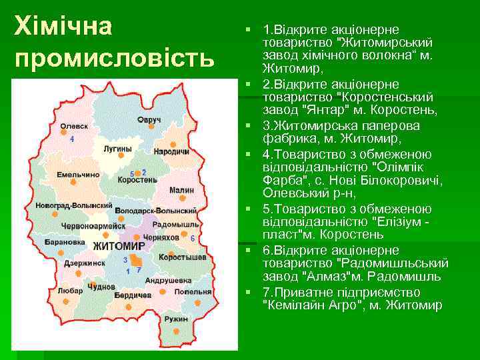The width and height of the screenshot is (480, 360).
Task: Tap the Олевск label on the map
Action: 73,125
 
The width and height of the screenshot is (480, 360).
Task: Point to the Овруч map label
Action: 149,119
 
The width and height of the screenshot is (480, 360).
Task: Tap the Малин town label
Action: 182,190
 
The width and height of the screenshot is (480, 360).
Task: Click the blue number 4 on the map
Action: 72,139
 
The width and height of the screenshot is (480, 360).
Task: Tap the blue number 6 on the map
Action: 193,238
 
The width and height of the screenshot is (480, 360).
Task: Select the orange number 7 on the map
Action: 139,270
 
